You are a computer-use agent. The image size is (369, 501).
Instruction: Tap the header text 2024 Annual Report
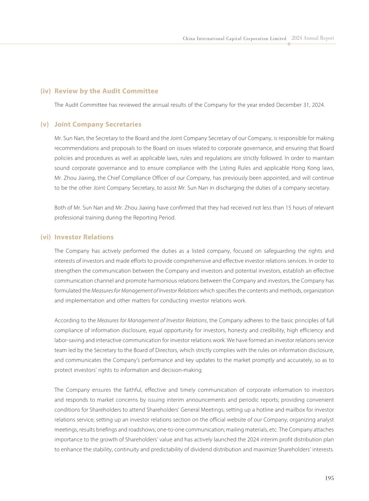(x=313, y=38)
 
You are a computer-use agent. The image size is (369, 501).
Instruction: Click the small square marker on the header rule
(x=289, y=44)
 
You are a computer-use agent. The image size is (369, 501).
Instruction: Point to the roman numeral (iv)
(x=46, y=91)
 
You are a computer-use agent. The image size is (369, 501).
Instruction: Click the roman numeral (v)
(x=45, y=124)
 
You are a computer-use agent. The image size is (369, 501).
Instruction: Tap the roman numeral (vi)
(x=46, y=237)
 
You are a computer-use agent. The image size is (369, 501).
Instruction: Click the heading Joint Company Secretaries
(x=98, y=124)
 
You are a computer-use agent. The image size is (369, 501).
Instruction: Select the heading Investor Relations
(x=84, y=237)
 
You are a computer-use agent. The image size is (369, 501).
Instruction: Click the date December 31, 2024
(x=300, y=105)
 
